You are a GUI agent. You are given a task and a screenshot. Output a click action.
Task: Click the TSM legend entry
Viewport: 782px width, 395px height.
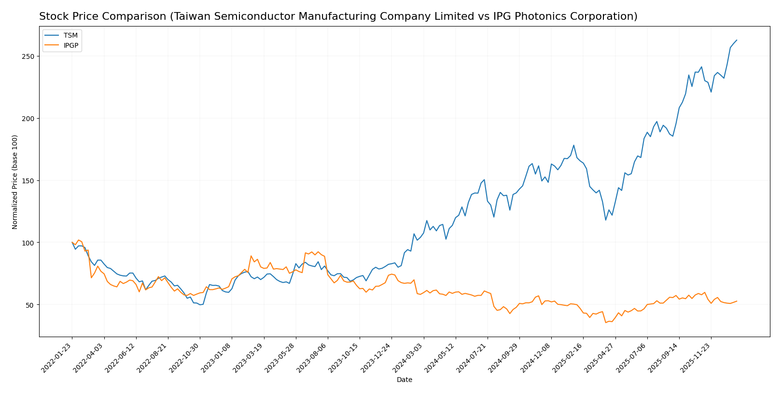[x=70, y=36]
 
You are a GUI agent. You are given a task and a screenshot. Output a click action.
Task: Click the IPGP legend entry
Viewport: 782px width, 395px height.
[x=70, y=46]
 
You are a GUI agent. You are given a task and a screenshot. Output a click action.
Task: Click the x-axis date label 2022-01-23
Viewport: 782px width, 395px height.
[x=57, y=357]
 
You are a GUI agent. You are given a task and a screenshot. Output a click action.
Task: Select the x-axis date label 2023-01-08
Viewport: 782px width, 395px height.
[x=217, y=357]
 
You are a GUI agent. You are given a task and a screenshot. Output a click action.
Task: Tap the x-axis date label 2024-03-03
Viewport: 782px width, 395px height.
[x=408, y=357]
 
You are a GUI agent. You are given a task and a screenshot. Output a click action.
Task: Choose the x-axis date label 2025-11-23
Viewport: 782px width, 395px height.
[x=696, y=357]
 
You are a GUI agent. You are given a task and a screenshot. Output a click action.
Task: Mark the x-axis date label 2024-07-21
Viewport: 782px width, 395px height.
[x=473, y=357]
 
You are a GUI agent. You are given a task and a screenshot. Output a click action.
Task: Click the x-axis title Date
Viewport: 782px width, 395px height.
[x=404, y=380]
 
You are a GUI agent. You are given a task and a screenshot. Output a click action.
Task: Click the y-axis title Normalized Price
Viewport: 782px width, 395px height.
[x=15, y=182]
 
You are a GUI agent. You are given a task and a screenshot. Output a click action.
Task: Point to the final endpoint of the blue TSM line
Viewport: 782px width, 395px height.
[x=737, y=40]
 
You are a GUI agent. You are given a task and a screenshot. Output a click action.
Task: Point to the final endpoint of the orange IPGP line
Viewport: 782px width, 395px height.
[x=737, y=301]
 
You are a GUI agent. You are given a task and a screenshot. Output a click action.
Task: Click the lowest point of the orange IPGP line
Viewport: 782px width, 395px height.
[x=606, y=322]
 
